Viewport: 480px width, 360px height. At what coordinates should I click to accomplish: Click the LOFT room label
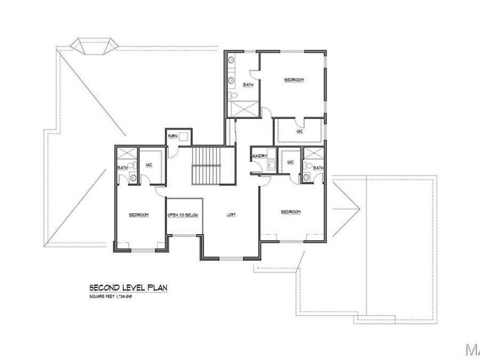point(231,215)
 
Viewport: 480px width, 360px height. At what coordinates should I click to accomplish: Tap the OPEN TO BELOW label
point(183,215)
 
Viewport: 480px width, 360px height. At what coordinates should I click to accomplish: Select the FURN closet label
point(172,137)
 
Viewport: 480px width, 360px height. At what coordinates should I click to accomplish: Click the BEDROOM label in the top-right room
point(293,80)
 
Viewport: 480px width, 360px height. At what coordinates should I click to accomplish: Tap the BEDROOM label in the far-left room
point(139,215)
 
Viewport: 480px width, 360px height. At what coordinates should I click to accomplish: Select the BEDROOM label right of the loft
point(291,212)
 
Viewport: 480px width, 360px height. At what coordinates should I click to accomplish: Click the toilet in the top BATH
point(233,95)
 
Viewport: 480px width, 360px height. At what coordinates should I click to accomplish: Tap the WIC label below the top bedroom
point(299,131)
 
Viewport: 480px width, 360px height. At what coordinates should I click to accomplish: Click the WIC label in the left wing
point(148,165)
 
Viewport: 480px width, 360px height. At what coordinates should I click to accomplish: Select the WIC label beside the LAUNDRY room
point(290,162)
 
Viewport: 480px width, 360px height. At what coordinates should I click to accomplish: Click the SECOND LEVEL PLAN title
point(129,287)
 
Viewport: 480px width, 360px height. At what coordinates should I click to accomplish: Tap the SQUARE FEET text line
point(110,296)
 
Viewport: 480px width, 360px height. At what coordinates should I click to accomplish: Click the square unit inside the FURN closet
point(184,137)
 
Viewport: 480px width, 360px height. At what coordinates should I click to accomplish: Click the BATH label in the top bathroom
point(248,85)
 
